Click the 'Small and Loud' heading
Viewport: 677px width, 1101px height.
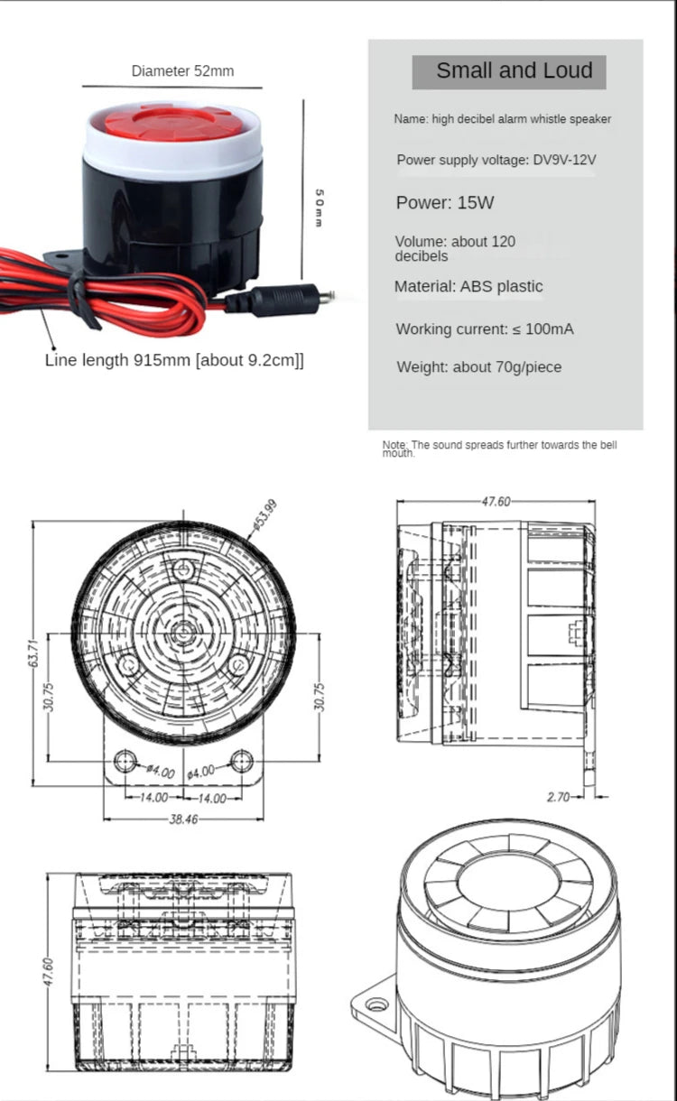[514, 71]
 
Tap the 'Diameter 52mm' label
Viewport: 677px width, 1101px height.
[182, 70]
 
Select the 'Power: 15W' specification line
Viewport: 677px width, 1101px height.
[445, 202]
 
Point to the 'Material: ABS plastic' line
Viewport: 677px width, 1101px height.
[468, 286]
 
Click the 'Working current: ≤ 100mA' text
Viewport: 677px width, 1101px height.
[484, 328]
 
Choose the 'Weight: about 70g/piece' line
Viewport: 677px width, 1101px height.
[479, 367]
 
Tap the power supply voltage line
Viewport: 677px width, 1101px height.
[496, 160]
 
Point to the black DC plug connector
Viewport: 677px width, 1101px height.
[276, 300]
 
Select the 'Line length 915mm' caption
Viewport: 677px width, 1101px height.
[174, 360]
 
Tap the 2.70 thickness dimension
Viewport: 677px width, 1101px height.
[560, 797]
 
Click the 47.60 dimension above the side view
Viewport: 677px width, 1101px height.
[496, 502]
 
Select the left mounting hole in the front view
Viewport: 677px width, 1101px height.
[126, 761]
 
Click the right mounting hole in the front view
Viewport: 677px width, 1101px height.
[240, 761]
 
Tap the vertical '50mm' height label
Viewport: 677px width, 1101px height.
[319, 208]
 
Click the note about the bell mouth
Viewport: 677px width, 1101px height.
[499, 449]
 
